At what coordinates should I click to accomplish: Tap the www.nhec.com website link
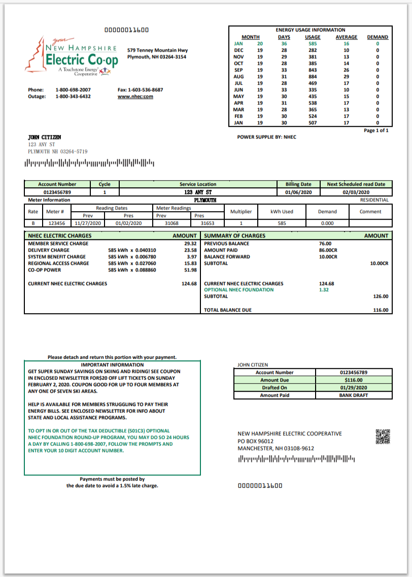[135, 96]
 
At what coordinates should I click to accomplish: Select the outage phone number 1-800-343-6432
[73, 96]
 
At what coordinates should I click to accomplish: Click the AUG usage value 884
[313, 77]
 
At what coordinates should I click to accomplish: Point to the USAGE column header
[313, 37]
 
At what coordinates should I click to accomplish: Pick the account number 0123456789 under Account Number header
[57, 192]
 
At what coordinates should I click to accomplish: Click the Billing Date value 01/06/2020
[298, 192]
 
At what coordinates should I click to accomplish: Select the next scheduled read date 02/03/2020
[356, 192]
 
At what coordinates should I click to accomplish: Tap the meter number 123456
[56, 223]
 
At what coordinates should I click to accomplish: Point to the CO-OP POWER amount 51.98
[190, 270]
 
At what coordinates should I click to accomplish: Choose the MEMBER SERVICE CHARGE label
[58, 244]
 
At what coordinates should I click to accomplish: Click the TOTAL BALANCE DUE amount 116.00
[381, 310]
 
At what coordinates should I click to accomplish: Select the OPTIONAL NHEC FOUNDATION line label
[238, 290]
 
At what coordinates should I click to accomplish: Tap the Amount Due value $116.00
[353, 380]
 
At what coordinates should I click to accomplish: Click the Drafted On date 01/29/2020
[353, 388]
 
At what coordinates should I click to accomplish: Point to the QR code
[383, 436]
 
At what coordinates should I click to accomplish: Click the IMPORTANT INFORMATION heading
[112, 365]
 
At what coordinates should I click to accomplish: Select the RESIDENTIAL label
[374, 200]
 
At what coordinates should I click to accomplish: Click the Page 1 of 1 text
[376, 130]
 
